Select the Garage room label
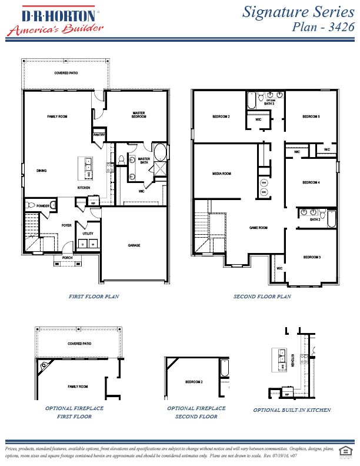tap(134, 245)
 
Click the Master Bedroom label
tap(139, 115)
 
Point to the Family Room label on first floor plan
tap(57, 117)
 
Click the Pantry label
tap(99, 136)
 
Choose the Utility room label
tap(88, 234)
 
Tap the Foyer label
tap(66, 225)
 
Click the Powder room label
tap(42, 206)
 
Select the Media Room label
tap(222, 174)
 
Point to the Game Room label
tap(258, 228)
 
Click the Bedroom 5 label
tap(311, 117)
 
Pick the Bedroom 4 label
tap(311, 182)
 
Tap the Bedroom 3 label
tap(312, 257)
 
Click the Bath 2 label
tap(315, 219)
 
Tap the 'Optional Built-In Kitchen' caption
tap(292, 410)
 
